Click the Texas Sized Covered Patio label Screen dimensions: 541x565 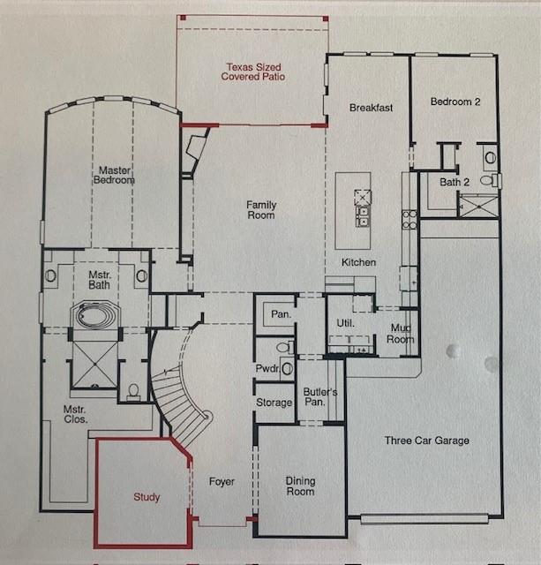click(253, 72)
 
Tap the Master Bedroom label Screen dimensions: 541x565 click(114, 175)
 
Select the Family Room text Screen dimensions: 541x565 click(261, 210)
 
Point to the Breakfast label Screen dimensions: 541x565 click(371, 108)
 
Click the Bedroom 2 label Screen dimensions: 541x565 click(455, 102)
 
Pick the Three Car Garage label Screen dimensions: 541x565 click(427, 441)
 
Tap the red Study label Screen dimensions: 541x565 click(147, 497)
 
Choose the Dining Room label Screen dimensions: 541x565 click(300, 486)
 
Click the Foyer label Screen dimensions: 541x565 click(222, 482)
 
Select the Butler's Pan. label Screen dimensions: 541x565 click(320, 396)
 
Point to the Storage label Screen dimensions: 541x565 click(274, 403)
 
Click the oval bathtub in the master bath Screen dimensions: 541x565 click(94, 316)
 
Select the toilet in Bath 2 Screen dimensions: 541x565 click(487, 180)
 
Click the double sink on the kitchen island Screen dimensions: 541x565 click(363, 215)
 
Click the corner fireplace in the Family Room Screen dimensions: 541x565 click(196, 148)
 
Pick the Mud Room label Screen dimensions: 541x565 click(400, 334)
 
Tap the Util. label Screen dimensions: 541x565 click(345, 323)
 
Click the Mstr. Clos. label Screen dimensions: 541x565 click(75, 414)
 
